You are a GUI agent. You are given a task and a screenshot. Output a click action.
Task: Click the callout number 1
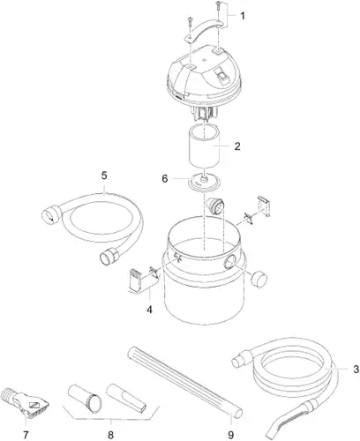(x=242, y=16)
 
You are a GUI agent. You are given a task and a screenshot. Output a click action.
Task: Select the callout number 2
(x=237, y=146)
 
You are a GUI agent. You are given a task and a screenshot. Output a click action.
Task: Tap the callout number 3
(x=356, y=369)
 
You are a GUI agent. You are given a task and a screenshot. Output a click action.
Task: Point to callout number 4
(x=149, y=310)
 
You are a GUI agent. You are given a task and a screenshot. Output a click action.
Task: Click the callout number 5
(x=104, y=176)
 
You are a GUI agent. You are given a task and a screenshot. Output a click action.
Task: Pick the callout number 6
(x=165, y=178)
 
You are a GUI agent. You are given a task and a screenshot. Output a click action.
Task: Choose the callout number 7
(x=26, y=434)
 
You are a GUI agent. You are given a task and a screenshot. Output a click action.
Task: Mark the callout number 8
(x=110, y=435)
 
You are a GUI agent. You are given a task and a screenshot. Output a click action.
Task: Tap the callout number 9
(x=231, y=435)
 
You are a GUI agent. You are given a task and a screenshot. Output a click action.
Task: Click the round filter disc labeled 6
(x=204, y=182)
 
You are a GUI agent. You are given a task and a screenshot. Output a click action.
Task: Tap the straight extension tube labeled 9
(x=185, y=382)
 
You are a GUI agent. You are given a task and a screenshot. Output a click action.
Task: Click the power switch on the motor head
(x=221, y=75)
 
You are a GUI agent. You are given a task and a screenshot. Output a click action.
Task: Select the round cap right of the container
(x=259, y=280)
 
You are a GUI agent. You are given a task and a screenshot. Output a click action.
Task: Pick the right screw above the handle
(x=218, y=6)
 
